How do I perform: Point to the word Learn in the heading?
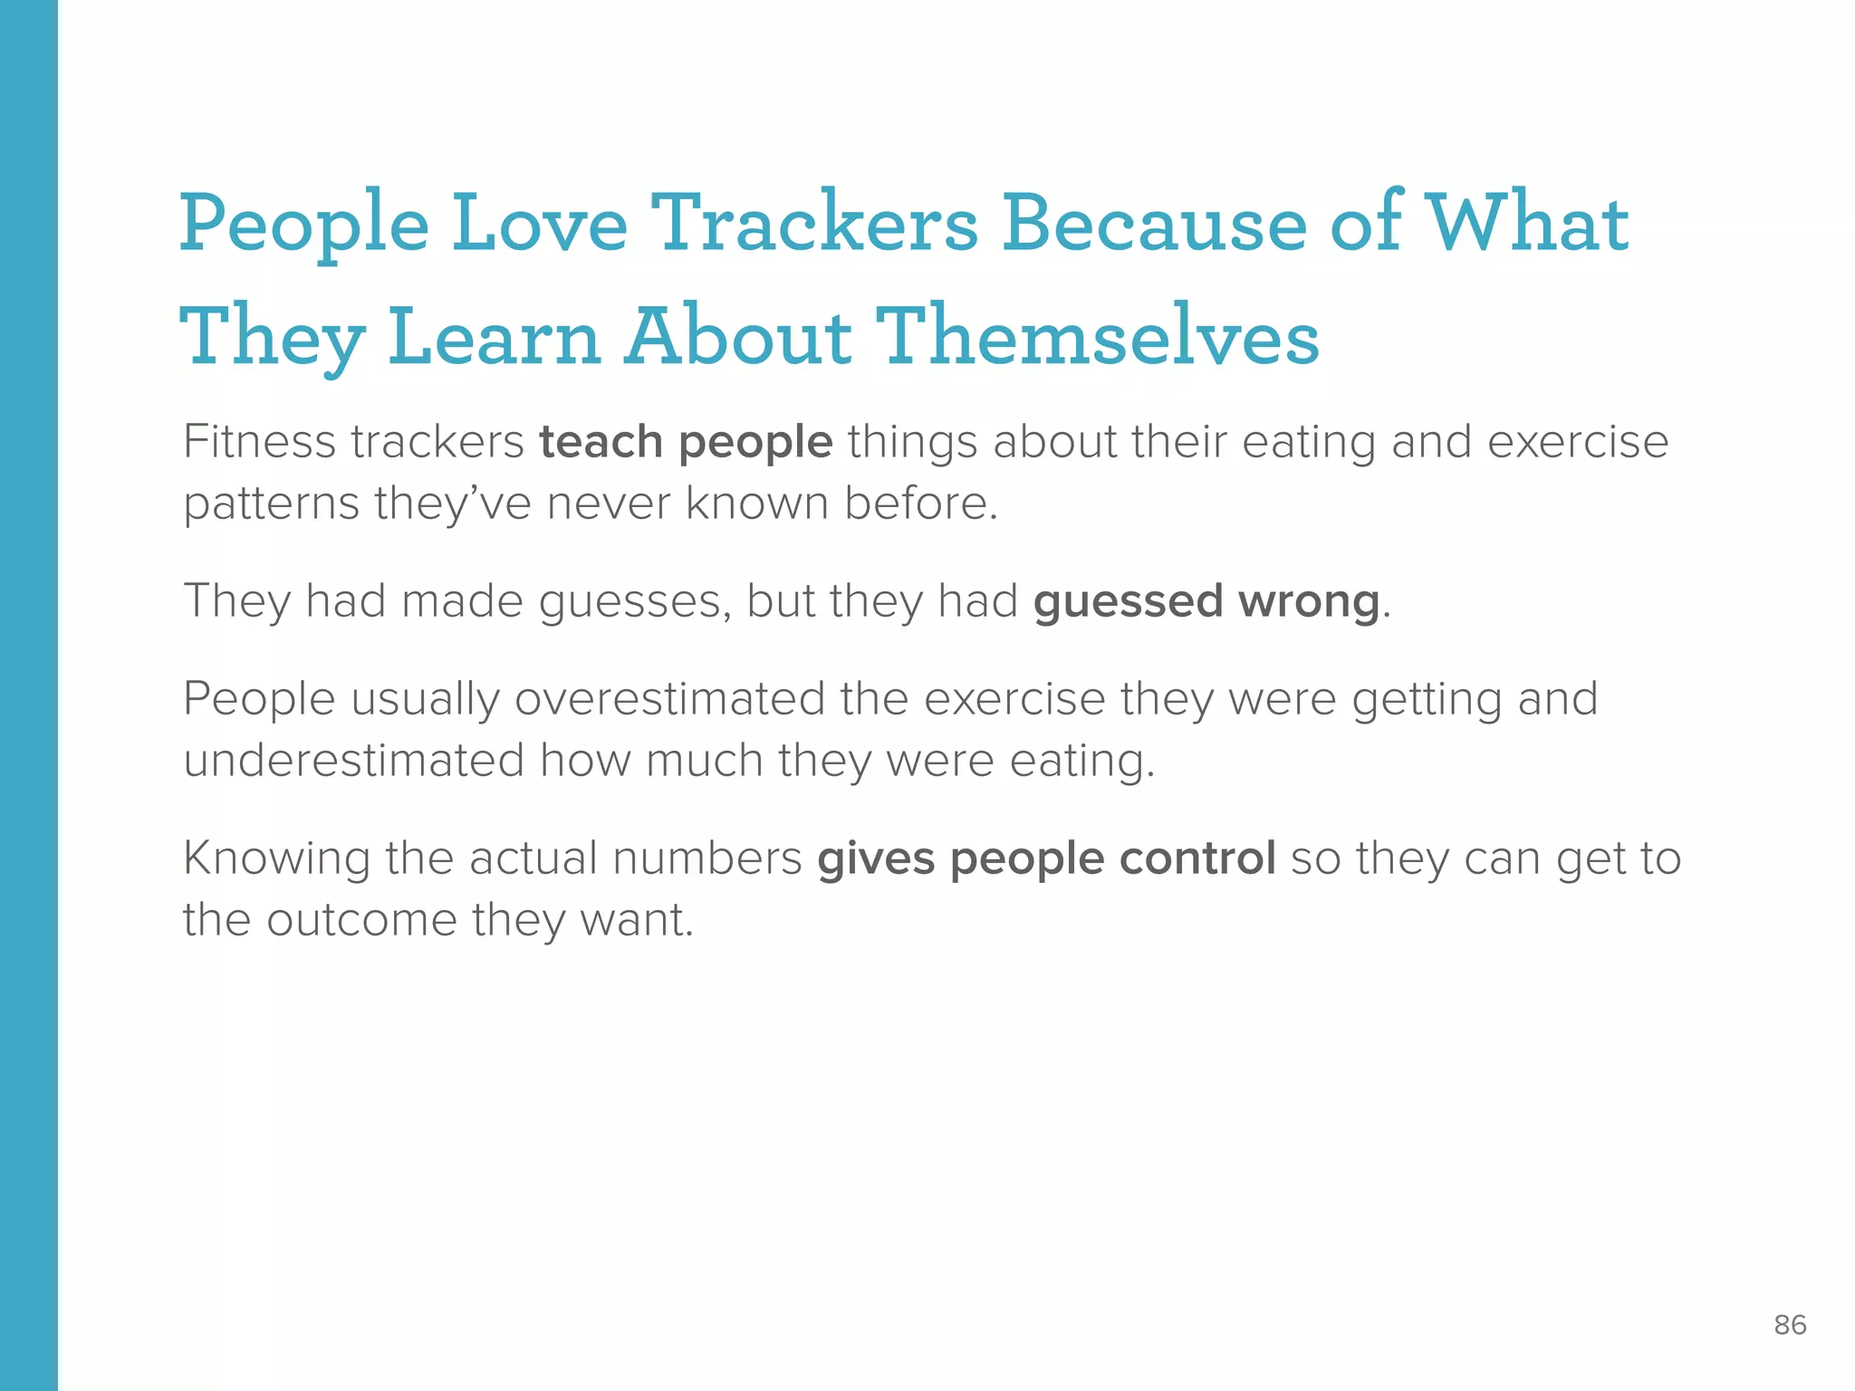(495, 337)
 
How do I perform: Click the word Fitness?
(259, 442)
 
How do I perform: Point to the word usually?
(425, 699)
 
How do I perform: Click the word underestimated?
(354, 761)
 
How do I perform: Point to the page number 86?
(1790, 1326)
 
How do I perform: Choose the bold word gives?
(876, 859)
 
